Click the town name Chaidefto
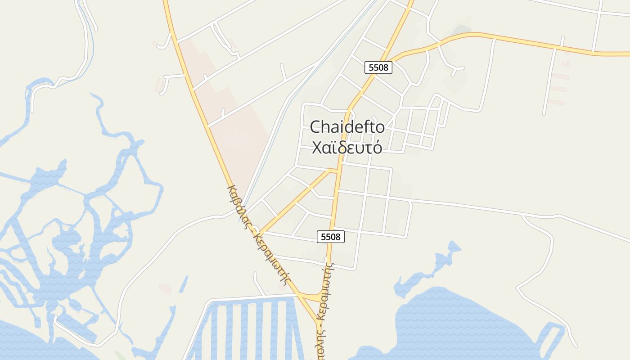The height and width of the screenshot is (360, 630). click(x=347, y=127)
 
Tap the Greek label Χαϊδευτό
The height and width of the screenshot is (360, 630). click(x=347, y=147)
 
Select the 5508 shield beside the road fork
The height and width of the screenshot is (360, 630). click(x=378, y=67)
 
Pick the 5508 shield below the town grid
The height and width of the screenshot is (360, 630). click(x=331, y=236)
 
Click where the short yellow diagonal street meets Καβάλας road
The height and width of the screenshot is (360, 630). click(x=260, y=233)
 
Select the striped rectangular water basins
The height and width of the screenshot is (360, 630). click(x=247, y=328)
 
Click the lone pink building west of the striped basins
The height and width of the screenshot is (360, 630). click(x=165, y=288)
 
